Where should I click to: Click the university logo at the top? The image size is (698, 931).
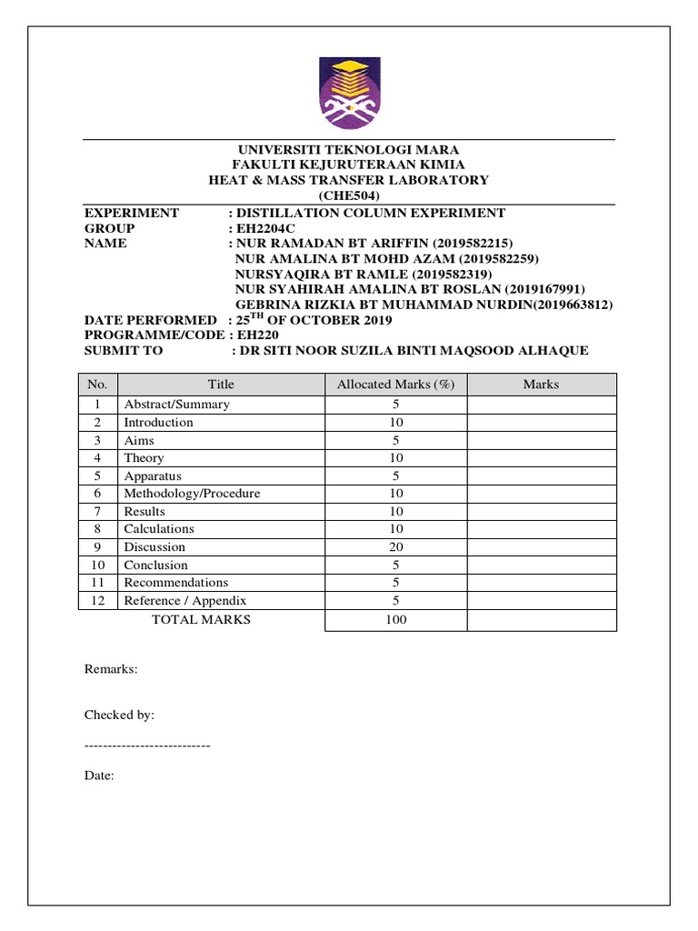tap(349, 92)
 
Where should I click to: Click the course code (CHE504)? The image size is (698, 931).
tap(349, 196)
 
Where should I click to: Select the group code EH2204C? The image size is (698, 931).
tap(267, 228)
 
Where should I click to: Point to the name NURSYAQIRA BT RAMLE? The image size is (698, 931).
tap(321, 274)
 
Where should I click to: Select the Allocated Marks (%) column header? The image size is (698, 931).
tap(395, 385)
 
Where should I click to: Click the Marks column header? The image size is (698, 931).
tap(541, 385)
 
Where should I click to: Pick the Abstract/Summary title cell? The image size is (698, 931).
tap(177, 405)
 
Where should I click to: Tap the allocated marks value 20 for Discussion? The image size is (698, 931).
tap(395, 547)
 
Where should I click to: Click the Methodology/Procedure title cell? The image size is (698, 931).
tap(192, 494)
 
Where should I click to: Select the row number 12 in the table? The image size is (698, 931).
tap(99, 601)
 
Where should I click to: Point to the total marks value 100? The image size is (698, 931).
tap(395, 620)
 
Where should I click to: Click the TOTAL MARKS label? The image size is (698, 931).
tap(201, 620)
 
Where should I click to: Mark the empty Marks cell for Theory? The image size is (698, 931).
tap(541, 458)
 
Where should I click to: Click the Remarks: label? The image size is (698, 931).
tap(111, 669)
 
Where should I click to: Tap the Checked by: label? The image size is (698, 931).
tap(120, 716)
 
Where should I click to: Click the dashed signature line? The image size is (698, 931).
tap(147, 746)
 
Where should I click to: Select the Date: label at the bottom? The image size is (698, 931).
tap(99, 776)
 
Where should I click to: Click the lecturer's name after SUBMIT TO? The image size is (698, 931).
tap(411, 351)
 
